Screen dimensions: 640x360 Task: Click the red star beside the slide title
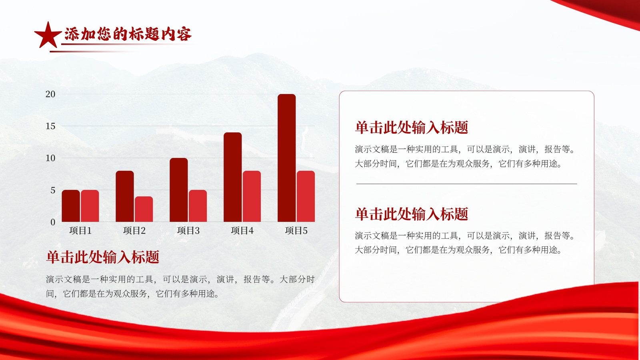coord(48,35)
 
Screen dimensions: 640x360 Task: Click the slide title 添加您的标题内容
coord(128,34)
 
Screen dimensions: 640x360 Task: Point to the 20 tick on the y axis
coord(50,94)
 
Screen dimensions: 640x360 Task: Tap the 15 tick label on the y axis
coord(50,126)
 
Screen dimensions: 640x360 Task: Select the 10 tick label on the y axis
coord(50,158)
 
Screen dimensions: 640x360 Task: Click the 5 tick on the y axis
coord(53,190)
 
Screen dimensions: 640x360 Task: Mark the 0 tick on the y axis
coord(53,222)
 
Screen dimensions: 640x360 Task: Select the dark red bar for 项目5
coord(286,158)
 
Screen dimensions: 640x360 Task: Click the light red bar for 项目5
coord(306,196)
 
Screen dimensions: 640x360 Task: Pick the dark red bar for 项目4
coord(232,177)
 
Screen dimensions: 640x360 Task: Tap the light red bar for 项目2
coord(144,209)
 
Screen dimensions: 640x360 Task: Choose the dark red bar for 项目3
coord(178,190)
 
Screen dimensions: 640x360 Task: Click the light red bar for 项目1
coord(90,206)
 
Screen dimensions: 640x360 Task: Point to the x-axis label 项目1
coord(80,230)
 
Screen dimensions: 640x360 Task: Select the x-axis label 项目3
coord(188,230)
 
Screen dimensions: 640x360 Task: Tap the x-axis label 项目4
coord(242,230)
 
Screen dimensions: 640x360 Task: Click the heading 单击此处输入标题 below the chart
coord(102,257)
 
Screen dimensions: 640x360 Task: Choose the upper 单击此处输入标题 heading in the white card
coord(412,128)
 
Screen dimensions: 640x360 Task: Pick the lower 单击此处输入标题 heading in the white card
coord(412,214)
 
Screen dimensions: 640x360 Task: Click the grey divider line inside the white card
coord(466,184)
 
